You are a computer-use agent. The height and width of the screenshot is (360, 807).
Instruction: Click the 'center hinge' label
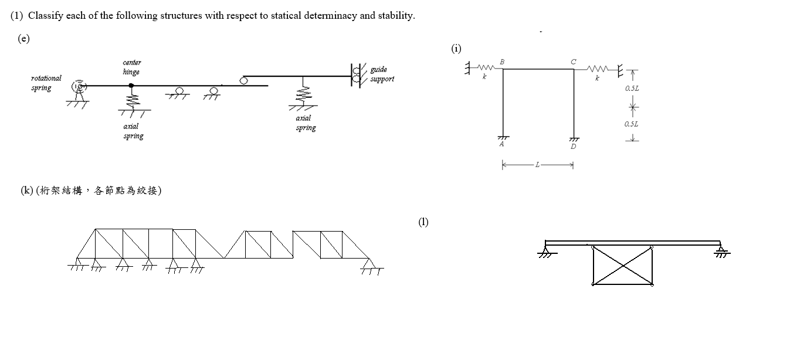pos(131,67)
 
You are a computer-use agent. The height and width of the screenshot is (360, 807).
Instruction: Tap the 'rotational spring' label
pos(46,83)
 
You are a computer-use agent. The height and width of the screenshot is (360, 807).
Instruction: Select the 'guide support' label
pos(382,74)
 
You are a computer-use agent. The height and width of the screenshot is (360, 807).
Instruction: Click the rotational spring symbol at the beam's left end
pos(79,86)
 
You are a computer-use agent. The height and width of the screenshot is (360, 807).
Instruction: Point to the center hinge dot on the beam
pos(131,86)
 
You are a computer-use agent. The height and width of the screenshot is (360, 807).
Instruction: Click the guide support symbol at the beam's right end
pos(356,75)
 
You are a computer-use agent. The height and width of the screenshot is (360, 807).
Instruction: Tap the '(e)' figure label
pos(23,39)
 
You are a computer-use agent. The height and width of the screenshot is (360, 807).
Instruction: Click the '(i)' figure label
pos(456,49)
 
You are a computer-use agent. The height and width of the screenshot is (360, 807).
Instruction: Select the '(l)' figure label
pos(423,222)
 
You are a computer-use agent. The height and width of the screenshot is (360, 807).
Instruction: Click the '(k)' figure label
pos(27,191)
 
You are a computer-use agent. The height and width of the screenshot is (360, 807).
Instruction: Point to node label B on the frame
pos(502,62)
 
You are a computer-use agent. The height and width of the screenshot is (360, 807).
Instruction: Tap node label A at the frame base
pos(501,144)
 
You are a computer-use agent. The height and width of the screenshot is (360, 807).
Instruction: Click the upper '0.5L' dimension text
pos(632,88)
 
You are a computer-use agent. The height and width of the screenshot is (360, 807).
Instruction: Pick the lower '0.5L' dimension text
pos(631,124)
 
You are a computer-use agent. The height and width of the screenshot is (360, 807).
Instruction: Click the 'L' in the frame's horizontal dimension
pos(537,165)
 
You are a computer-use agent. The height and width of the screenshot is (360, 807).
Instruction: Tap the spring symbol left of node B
pos(487,69)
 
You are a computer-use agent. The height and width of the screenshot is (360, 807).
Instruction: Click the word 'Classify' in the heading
pos(46,16)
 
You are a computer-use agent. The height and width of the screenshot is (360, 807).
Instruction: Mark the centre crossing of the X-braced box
pos(622,266)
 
